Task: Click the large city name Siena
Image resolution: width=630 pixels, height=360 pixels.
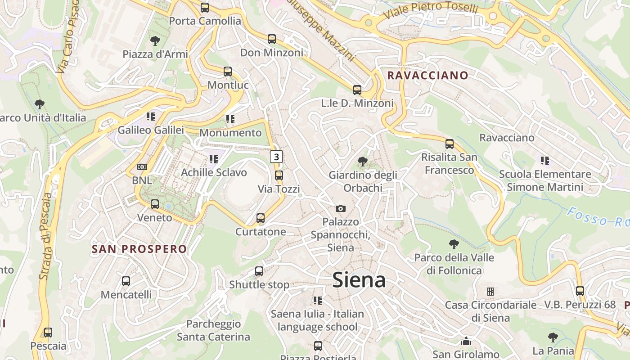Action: tap(359, 280)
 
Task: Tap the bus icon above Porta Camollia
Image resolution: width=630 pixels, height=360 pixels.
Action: tap(205, 8)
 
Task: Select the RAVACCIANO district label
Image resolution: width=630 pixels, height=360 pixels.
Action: tap(427, 75)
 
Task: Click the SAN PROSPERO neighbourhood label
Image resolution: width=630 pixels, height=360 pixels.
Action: tap(139, 249)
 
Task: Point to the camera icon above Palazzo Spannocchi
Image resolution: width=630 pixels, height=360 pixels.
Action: tap(341, 208)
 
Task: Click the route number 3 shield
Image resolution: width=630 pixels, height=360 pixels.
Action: tap(276, 157)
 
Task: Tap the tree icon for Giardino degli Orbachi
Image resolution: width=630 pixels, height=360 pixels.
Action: tap(362, 162)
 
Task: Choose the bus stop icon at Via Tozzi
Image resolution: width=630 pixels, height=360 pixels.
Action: tap(279, 175)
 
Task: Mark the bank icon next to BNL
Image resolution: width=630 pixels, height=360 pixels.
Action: tap(142, 167)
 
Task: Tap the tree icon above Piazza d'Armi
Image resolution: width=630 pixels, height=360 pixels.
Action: tap(155, 41)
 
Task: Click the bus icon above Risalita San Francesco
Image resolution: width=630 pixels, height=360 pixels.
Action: tap(450, 144)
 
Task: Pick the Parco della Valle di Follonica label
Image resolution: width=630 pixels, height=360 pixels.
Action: tap(454, 264)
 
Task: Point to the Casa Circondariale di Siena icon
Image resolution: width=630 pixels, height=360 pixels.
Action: tap(490, 292)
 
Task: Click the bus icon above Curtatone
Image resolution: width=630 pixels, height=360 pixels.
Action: tap(261, 219)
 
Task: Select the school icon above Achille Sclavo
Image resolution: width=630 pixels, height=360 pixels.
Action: tap(214, 159)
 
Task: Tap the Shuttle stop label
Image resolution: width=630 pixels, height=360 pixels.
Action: tap(259, 284)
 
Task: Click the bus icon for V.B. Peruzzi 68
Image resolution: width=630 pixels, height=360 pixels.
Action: tap(580, 291)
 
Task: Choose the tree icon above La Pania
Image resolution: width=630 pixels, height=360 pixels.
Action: tap(553, 337)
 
